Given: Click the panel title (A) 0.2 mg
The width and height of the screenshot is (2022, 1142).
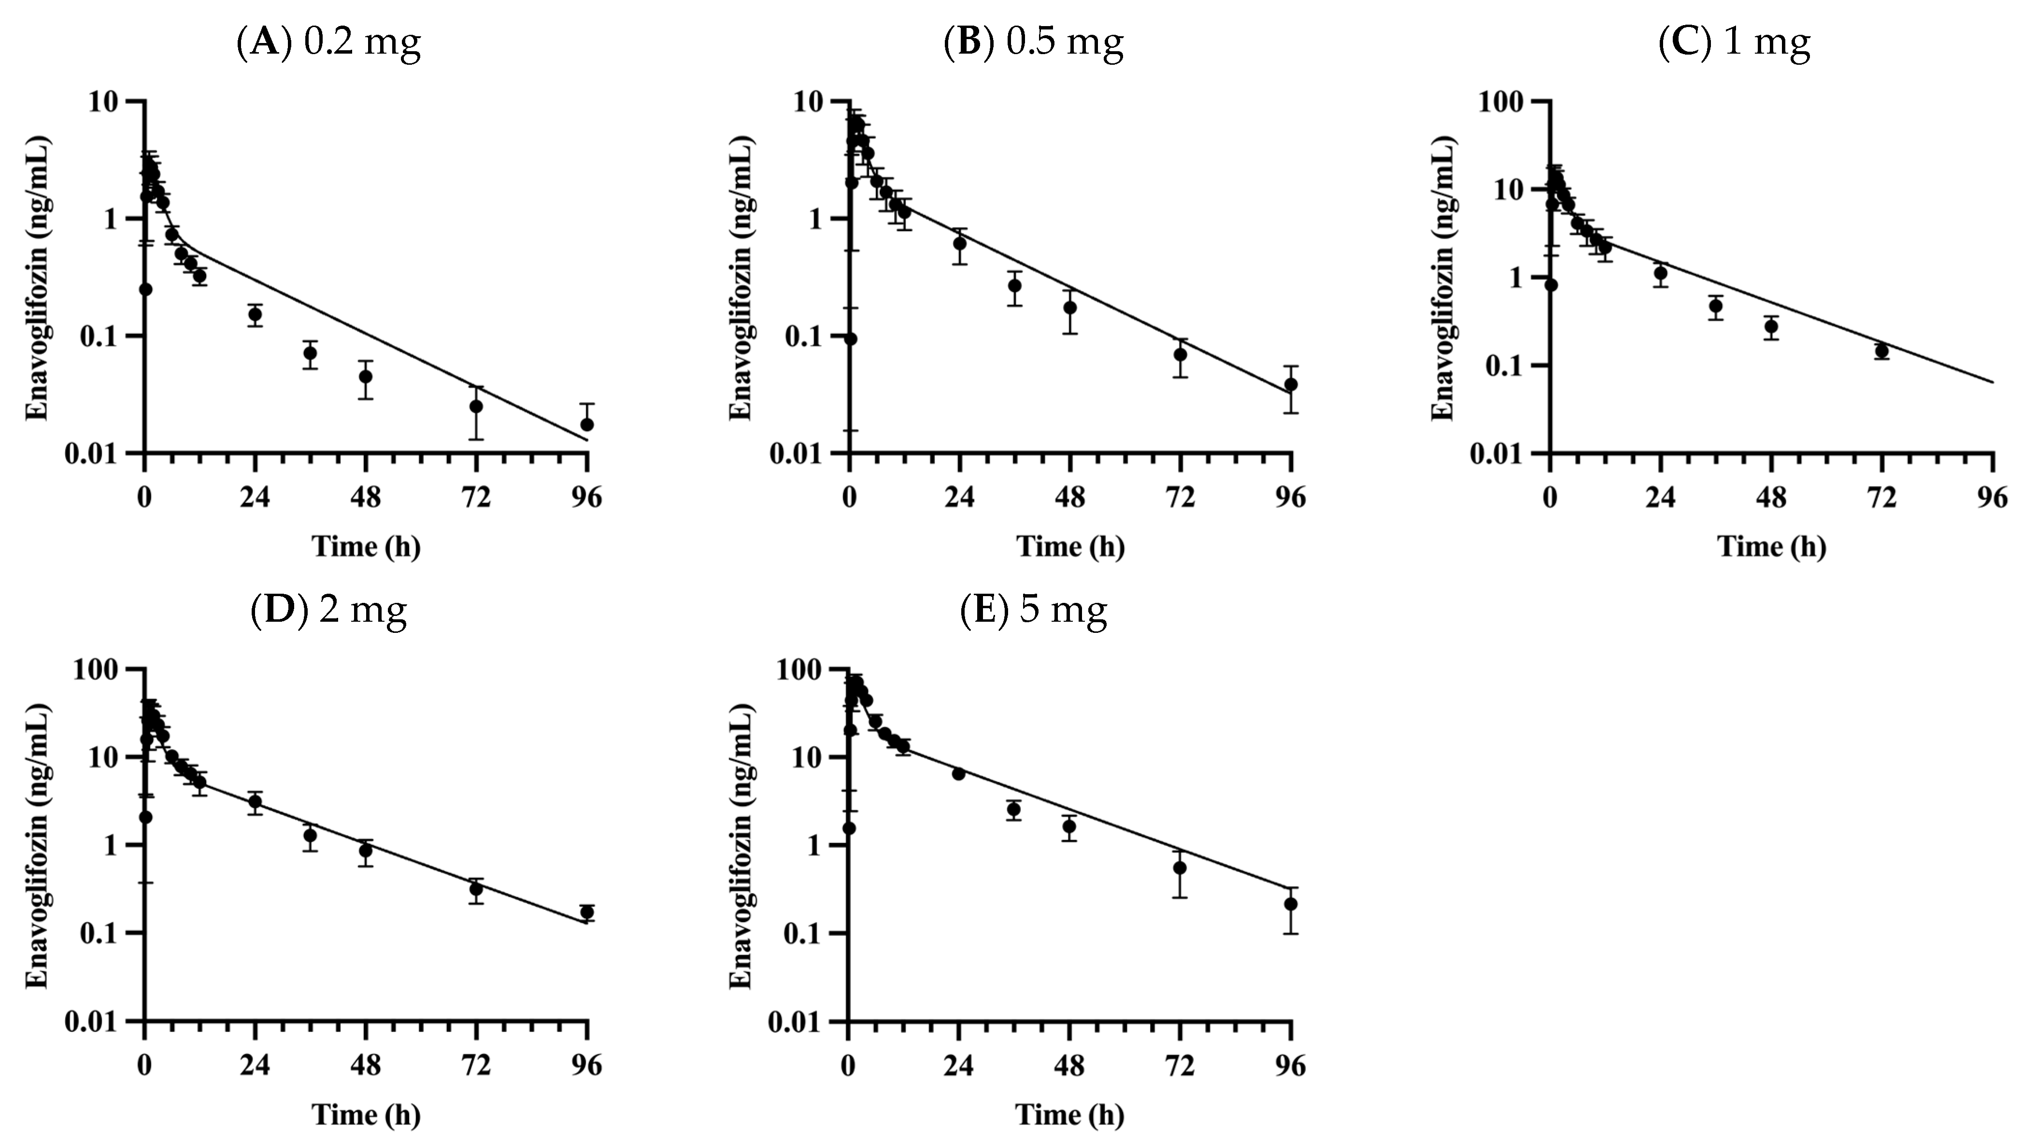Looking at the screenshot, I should pyautogui.click(x=328, y=43).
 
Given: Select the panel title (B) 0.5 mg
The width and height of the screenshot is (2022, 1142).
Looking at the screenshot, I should pyautogui.click(x=1033, y=43).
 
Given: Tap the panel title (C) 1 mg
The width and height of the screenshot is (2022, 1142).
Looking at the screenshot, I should pyautogui.click(x=1734, y=43).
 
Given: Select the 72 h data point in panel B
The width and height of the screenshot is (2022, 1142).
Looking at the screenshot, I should pyautogui.click(x=1181, y=355).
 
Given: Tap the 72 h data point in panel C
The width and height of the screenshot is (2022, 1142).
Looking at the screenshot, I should pyautogui.click(x=1881, y=351).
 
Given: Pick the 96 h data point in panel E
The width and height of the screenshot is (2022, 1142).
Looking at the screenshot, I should pyautogui.click(x=1291, y=904).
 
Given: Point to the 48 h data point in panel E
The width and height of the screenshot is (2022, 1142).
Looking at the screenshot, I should pyautogui.click(x=1069, y=827).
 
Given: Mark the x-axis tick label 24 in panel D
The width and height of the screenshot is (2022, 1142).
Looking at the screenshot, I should pyautogui.click(x=255, y=1065).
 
